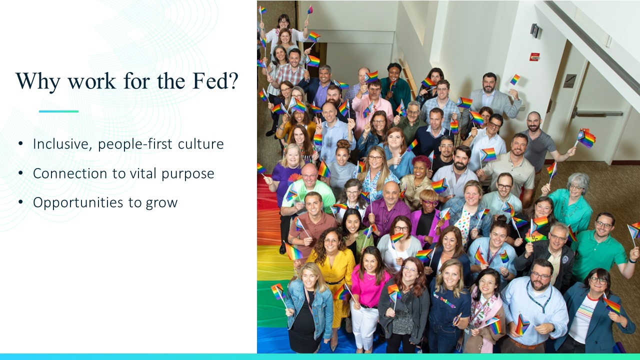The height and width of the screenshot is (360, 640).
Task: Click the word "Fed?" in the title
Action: pos(215,81)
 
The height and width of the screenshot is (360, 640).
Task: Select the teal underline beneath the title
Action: pos(58,111)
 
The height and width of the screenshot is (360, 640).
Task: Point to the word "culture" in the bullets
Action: pos(200,144)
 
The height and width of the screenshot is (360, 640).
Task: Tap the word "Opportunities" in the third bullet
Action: pos(78,203)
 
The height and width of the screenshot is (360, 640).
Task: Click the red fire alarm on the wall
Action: pos(535,57)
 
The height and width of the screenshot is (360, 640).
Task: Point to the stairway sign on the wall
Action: pos(569,81)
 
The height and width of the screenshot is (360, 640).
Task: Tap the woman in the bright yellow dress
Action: pos(333,274)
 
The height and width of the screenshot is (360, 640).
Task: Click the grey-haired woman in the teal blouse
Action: pos(571,204)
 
